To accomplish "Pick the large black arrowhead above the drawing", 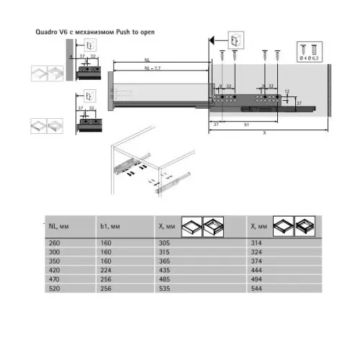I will pyautogui.click(x=212, y=40).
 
